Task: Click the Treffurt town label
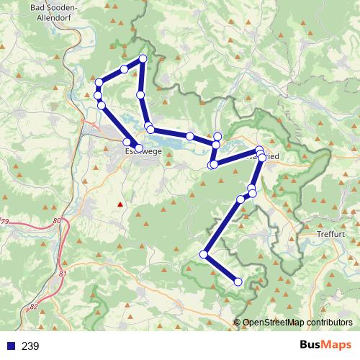(x=331, y=235)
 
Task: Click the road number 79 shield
(x=4, y=221)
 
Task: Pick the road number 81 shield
(x=63, y=274)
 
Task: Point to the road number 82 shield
(x=35, y=307)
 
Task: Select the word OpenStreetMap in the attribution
(x=274, y=323)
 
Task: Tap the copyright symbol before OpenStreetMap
(x=238, y=323)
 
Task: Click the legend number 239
(x=30, y=346)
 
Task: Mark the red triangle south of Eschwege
(x=120, y=204)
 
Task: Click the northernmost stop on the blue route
(x=143, y=58)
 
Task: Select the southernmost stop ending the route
(x=238, y=282)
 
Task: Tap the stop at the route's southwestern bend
(x=204, y=254)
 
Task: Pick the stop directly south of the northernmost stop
(x=140, y=94)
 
